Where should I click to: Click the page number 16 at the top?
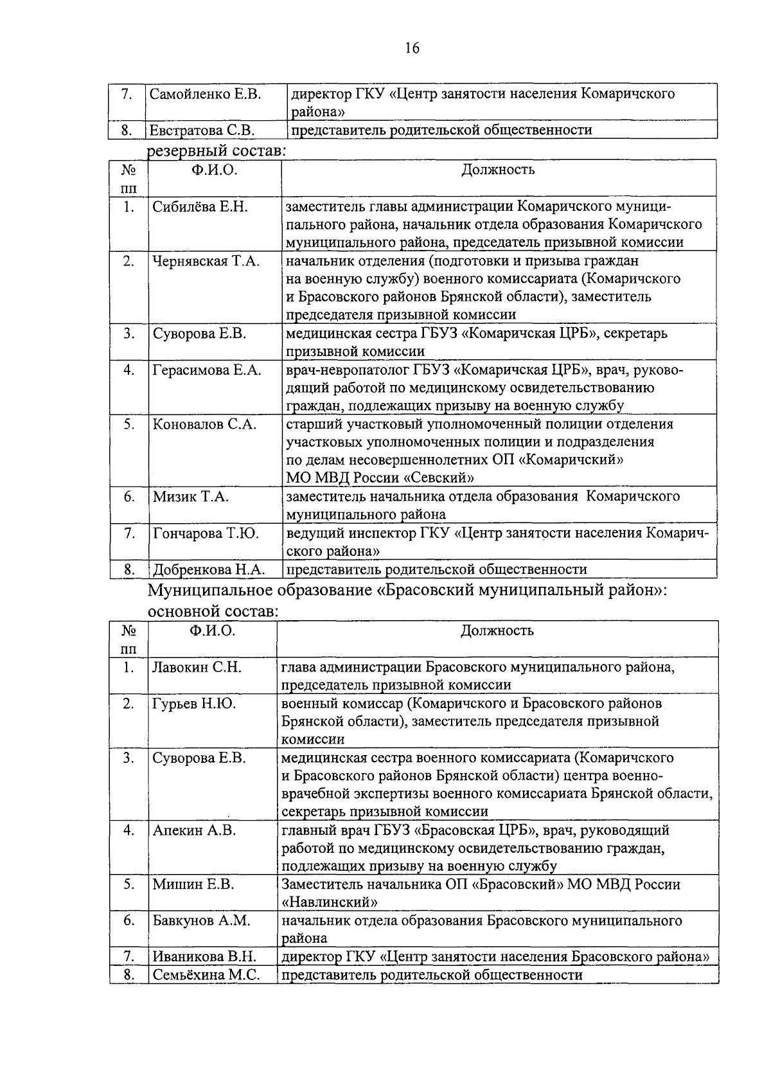(412, 48)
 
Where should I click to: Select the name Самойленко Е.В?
(205, 94)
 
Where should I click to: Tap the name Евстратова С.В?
(202, 130)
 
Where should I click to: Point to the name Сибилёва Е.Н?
(200, 207)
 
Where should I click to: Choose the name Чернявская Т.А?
(206, 261)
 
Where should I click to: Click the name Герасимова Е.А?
(207, 370)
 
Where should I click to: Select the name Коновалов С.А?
(204, 424)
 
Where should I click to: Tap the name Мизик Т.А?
(191, 497)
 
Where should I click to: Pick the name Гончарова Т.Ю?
(206, 533)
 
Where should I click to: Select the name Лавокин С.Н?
(197, 668)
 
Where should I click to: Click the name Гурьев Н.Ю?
(194, 704)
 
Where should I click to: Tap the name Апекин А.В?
(194, 830)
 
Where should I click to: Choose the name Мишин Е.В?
(193, 884)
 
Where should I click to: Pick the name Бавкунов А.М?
(201, 921)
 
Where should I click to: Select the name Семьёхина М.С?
(206, 975)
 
